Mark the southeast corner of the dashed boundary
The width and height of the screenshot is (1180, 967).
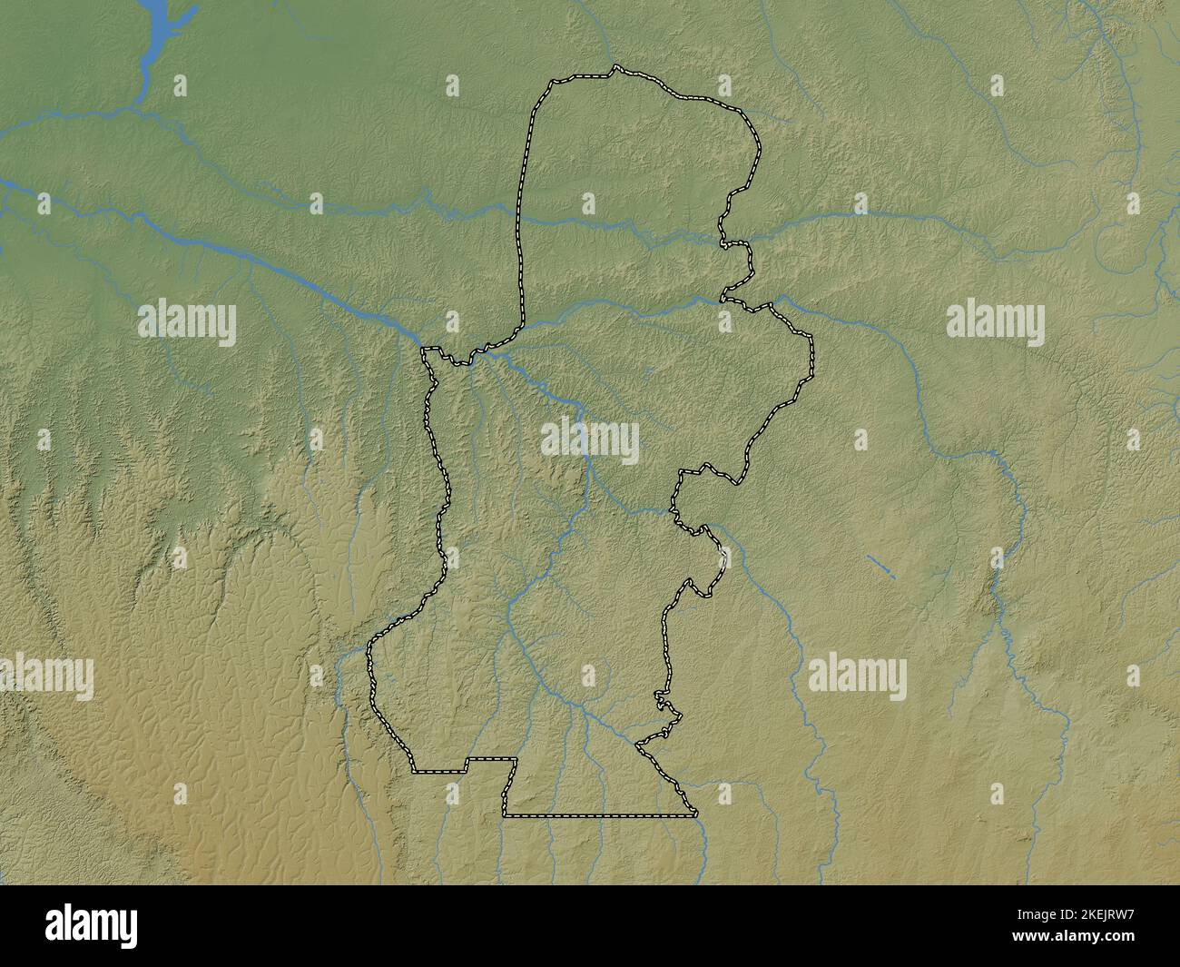click(x=696, y=814)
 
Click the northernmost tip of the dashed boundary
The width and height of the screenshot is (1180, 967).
click(x=615, y=66)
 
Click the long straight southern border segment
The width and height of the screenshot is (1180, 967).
click(x=599, y=816)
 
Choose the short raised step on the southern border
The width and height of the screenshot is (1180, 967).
click(x=491, y=759)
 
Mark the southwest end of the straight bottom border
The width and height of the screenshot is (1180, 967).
click(x=506, y=815)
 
